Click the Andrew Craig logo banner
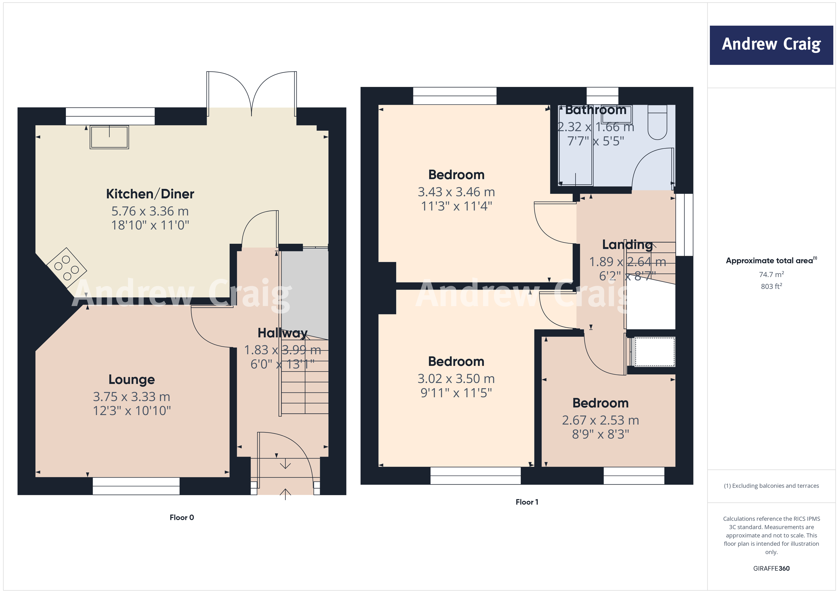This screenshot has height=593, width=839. pos(771,45)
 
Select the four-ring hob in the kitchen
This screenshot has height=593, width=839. pos(67,268)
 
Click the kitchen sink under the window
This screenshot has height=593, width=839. pos(109,137)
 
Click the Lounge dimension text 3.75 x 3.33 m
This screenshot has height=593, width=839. pos(131,397)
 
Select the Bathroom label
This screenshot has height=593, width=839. pos(596,110)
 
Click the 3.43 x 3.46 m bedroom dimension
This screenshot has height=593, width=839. pos(456,192)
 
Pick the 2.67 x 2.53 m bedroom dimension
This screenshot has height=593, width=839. pos(600,420)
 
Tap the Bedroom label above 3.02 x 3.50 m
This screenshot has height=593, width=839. pos(456,362)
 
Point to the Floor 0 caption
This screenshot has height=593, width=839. pos(182,518)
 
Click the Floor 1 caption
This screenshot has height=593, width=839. pos(527,502)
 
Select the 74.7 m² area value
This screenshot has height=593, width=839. pos(771,274)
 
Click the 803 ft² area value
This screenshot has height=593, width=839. pos(771,286)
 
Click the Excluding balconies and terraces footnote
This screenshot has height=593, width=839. pos(771,486)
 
